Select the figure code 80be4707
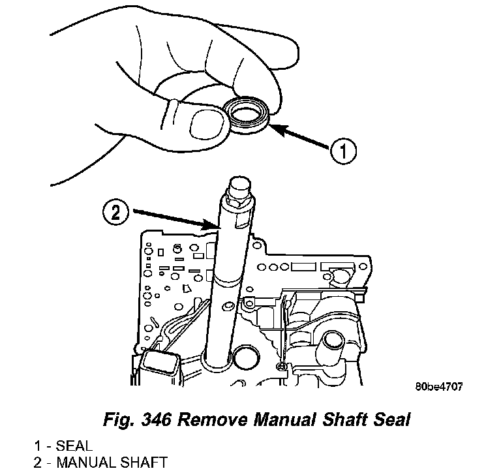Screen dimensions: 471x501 point(438,387)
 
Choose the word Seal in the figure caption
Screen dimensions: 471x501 point(389,419)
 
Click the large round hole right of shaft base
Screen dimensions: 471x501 point(247,359)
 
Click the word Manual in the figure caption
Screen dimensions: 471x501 point(281,419)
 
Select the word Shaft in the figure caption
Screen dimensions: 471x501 point(344,419)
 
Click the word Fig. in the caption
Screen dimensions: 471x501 point(117,419)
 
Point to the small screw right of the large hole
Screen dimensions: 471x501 point(279,366)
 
